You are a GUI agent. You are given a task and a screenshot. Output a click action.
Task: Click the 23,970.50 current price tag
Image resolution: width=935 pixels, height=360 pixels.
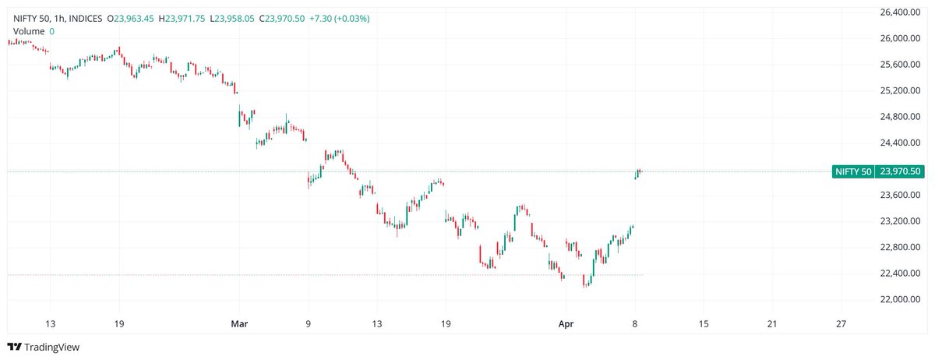900,171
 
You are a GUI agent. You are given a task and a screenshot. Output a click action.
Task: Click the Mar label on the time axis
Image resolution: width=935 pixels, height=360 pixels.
239,323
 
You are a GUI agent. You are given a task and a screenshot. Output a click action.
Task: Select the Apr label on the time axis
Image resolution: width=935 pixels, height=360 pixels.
567,323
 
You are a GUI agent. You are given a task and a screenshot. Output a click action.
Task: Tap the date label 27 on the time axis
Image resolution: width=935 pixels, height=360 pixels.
841,323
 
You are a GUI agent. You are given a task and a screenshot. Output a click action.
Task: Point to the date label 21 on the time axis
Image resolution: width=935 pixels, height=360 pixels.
772,323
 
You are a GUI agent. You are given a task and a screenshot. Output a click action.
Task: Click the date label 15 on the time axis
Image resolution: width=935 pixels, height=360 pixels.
704,323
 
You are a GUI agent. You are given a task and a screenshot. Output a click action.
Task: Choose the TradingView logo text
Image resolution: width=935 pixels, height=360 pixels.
51,348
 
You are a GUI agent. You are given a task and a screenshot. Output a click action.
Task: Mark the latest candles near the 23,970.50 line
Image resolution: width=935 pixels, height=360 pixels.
638,173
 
